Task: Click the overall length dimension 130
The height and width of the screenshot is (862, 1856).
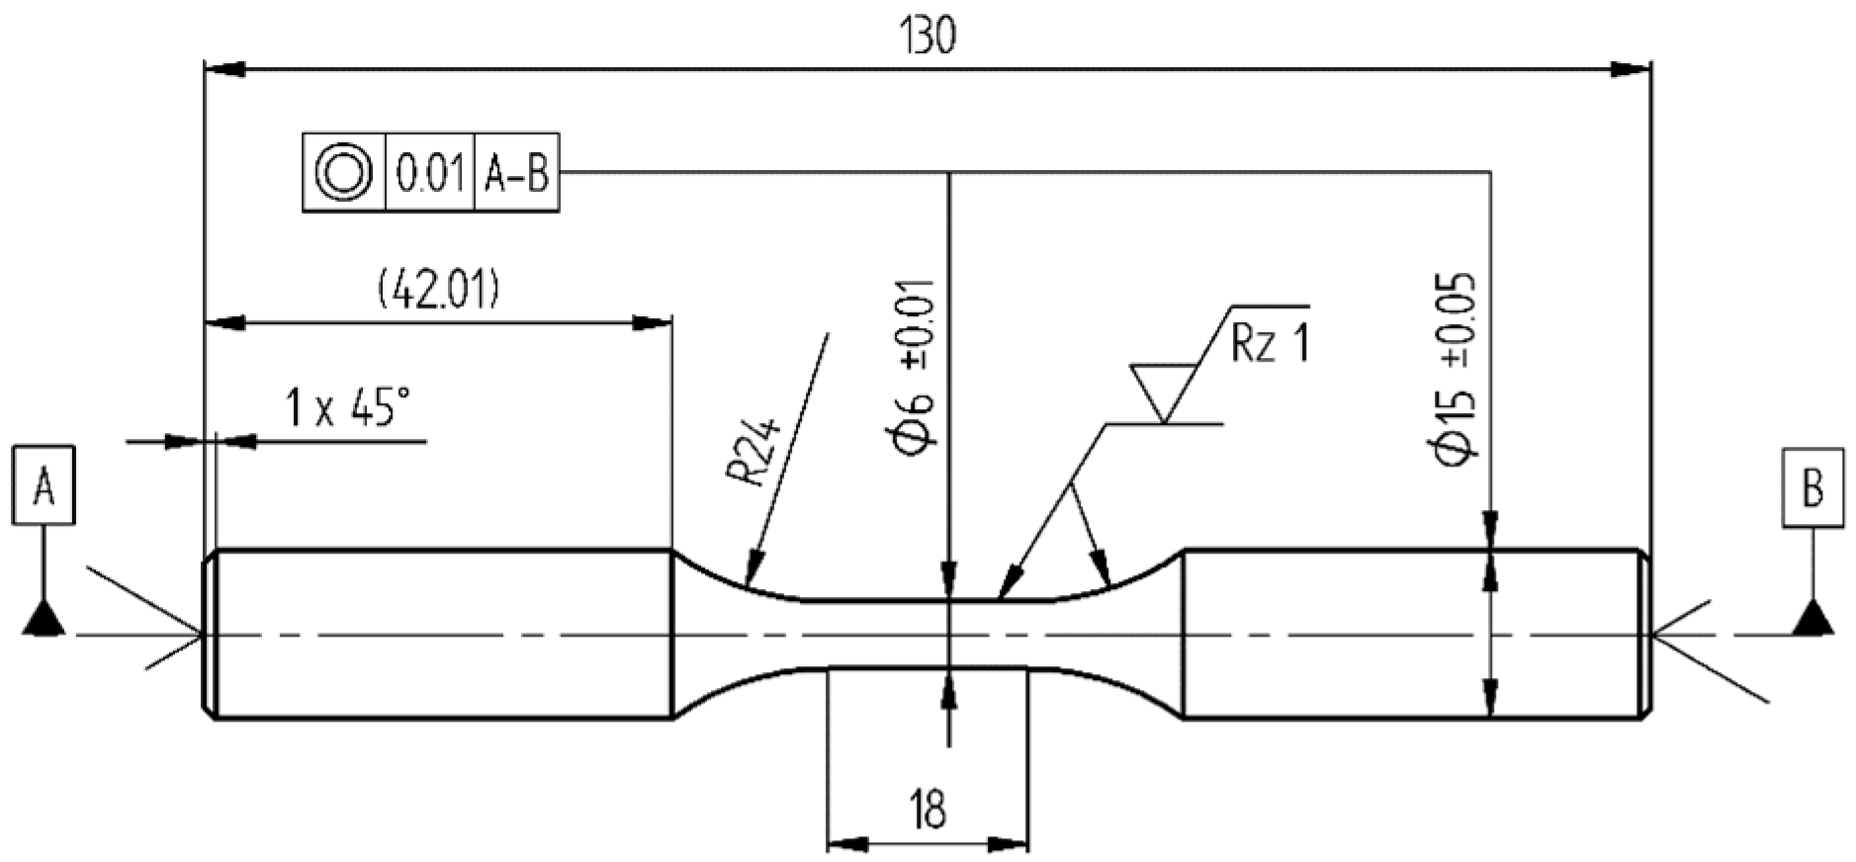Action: (x=928, y=37)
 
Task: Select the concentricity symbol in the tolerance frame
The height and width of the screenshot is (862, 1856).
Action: (x=343, y=173)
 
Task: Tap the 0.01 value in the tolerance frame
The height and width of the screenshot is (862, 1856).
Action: (x=429, y=174)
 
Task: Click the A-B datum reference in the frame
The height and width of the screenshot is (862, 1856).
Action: (x=516, y=174)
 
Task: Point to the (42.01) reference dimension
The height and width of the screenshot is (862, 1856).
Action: (x=439, y=292)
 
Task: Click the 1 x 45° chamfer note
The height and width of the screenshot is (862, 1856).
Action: (x=347, y=407)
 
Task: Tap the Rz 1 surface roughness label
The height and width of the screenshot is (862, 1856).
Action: (x=1270, y=344)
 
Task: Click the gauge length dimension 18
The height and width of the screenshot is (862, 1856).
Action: (x=927, y=809)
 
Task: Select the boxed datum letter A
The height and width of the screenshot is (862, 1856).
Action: (x=44, y=486)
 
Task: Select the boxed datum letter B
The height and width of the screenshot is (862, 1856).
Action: (x=1812, y=487)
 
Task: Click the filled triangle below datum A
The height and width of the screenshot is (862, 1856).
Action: (x=44, y=620)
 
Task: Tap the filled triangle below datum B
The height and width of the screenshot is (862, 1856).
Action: (x=1812, y=619)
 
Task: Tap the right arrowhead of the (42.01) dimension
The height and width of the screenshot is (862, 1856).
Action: (x=652, y=323)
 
